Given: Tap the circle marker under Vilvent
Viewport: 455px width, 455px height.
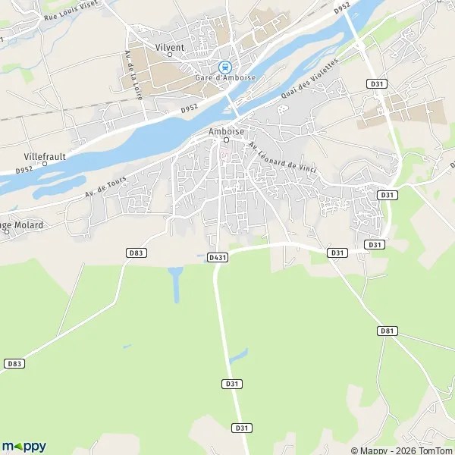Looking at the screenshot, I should [169, 55].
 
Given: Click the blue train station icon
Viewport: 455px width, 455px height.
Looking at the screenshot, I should [225, 67].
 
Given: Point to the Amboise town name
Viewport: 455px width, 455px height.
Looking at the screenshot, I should [225, 130].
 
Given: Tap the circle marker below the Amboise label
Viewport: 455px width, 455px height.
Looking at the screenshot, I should [225, 140].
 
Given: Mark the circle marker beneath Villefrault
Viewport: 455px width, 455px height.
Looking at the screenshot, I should [45, 164].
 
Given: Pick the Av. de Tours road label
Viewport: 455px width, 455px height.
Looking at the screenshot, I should [105, 187].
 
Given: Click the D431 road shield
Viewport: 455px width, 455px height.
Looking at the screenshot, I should [218, 258].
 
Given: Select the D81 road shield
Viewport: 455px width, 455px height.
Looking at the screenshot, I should [387, 331].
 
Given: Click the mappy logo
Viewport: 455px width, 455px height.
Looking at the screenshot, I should [24, 446].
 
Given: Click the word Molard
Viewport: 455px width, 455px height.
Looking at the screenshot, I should [29, 225].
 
